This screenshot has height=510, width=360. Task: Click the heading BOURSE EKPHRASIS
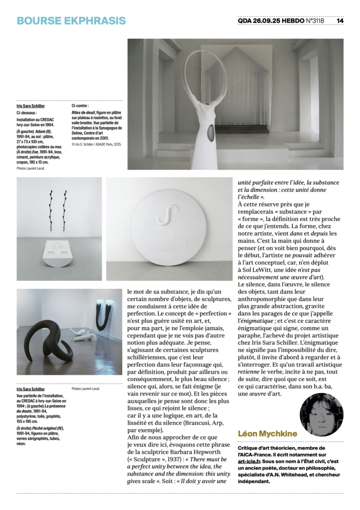71,21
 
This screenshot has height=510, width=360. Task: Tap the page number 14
340,21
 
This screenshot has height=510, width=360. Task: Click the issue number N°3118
313,21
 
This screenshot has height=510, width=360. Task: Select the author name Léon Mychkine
267,433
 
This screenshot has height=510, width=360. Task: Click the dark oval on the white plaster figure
211,133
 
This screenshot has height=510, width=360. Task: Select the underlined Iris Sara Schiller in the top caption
30,106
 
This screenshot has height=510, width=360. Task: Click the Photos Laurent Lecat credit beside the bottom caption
86,388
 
